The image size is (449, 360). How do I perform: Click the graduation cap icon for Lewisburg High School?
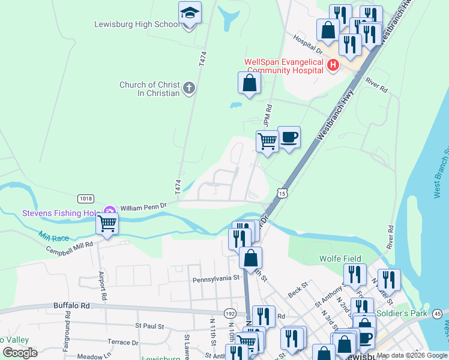click(x=190, y=13)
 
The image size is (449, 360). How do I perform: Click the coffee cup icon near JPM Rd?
click(x=289, y=137)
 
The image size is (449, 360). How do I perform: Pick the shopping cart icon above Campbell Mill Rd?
click(x=107, y=224)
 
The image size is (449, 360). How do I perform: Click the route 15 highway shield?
click(x=282, y=192)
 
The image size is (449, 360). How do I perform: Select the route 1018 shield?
click(x=85, y=199)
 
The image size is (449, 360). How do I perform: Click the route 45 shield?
click(x=437, y=313)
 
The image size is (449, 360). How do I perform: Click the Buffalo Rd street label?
click(x=71, y=305)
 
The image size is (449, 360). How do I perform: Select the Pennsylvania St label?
click(x=215, y=279)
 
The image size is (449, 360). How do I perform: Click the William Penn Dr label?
click(x=143, y=207)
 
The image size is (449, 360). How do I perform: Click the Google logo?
click(x=20, y=352)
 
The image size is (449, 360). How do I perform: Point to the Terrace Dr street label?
click(x=122, y=342)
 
